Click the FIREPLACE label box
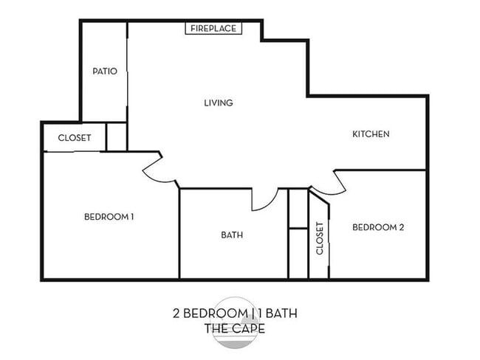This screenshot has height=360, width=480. [213, 28]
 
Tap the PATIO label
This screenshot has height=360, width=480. [104, 72]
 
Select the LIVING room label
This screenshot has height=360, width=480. [219, 103]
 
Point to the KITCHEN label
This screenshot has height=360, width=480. [370, 134]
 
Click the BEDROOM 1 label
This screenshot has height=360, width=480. [109, 217]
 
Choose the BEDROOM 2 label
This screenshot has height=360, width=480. [377, 227]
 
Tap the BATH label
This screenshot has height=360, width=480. [232, 235]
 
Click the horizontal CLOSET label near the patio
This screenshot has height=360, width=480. [74, 138]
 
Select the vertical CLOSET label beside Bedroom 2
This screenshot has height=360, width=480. [320, 238]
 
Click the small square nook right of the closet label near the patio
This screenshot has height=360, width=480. [117, 136]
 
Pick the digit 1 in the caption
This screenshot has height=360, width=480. [261, 313]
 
